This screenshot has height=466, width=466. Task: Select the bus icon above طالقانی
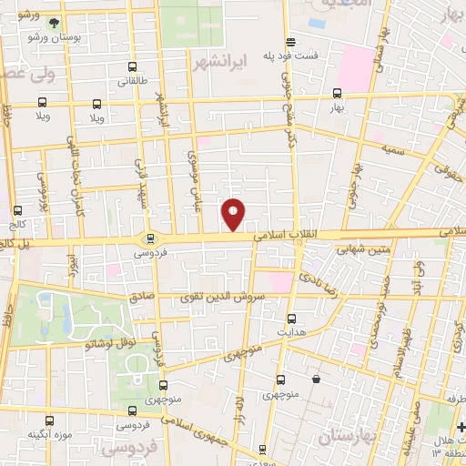pos(134,66)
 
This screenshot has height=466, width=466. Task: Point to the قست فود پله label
pos(290,56)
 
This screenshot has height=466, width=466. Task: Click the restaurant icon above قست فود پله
pos(290,42)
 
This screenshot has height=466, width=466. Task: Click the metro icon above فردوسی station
pos(150,238)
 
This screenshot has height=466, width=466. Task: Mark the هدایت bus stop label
pos(291,332)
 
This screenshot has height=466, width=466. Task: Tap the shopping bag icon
pos(316,380)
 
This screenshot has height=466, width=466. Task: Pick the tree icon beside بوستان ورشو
pos(55,24)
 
